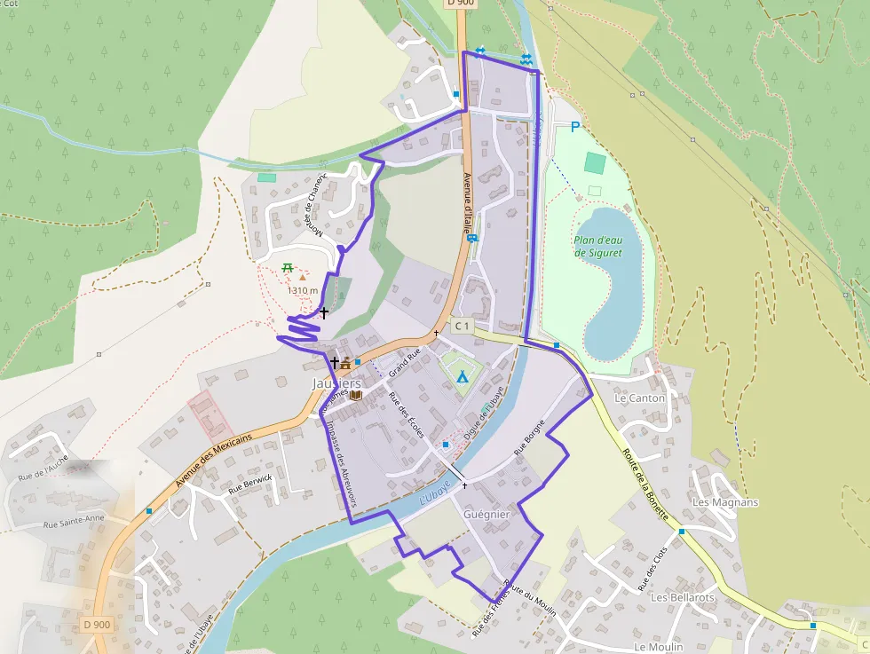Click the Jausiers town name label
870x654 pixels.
pos(336,383)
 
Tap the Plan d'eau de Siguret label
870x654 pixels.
pos(597,246)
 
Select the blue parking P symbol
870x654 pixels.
pos(574,128)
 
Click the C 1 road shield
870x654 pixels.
pos(462,326)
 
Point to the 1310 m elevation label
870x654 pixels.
pos(303,290)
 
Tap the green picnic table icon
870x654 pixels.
pos(288,267)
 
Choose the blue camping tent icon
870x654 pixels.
pos(462,376)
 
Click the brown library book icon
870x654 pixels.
pos(356,394)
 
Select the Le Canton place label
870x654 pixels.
pos(639,398)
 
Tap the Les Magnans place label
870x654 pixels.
pos(725,502)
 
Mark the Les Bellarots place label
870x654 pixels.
pos(682,597)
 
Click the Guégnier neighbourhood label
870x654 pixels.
pos(486,514)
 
